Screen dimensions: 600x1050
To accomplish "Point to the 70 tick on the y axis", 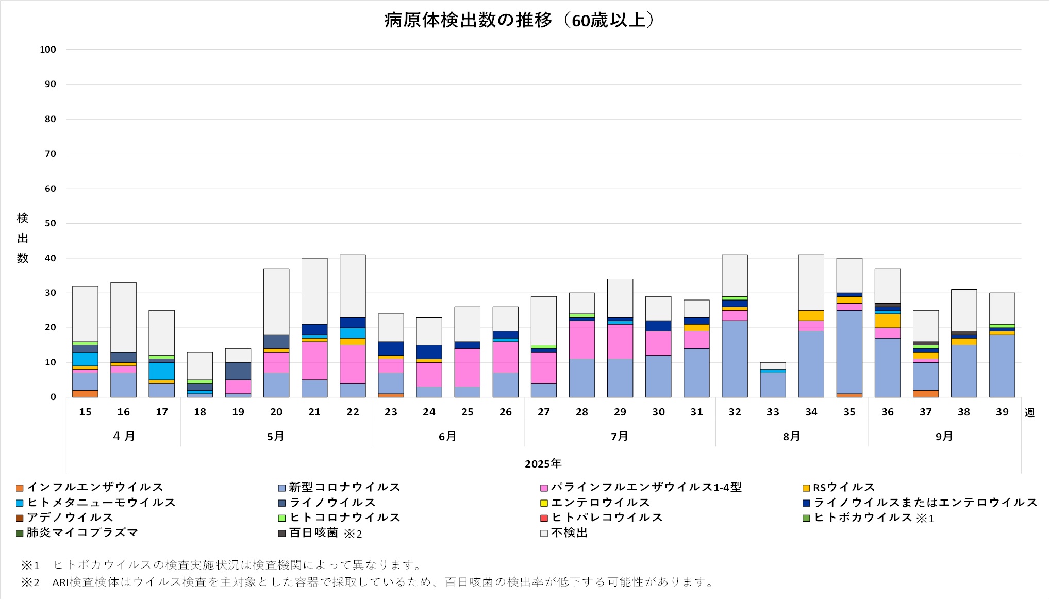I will tap(50, 154).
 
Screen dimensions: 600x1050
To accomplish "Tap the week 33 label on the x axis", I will tap(773, 412).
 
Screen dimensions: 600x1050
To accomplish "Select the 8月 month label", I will tap(791, 437).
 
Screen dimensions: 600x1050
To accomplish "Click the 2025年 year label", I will tap(543, 464).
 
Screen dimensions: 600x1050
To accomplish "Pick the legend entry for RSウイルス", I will tap(844, 488).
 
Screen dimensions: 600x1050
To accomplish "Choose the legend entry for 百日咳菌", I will tap(313, 533).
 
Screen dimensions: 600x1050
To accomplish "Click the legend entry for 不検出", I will tap(569, 533).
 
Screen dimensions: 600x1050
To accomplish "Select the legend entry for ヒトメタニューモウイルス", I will tap(101, 503).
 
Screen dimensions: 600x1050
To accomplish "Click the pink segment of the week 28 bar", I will tap(582, 340).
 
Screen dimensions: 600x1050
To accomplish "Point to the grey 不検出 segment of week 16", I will tap(123, 317).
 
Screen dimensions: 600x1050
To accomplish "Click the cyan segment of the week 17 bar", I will tap(161, 371).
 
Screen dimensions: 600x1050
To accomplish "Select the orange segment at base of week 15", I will tap(85, 394).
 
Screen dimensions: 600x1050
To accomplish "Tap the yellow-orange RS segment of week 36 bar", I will tap(888, 321).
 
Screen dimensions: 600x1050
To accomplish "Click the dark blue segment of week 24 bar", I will tap(429, 352).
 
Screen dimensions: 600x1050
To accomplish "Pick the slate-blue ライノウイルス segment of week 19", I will tap(238, 371).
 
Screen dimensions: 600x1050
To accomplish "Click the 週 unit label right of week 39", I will tap(1029, 413).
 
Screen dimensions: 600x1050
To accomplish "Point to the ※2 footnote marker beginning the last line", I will tap(30, 582).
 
